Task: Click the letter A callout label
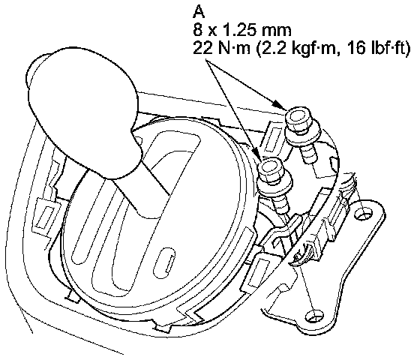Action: click(199, 11)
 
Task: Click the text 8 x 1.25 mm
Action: click(241, 30)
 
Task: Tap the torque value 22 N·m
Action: click(222, 49)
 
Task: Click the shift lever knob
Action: click(83, 112)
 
